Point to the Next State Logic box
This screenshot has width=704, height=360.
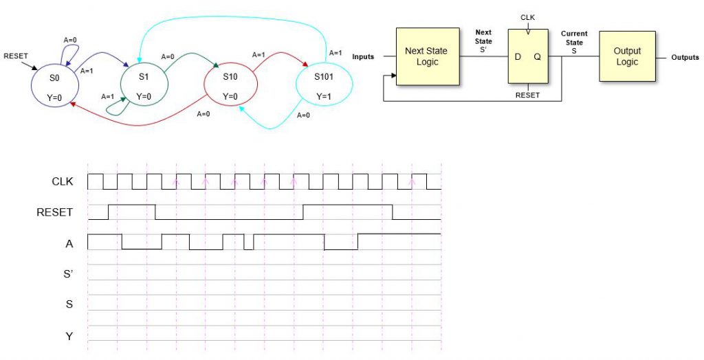(x=426, y=56)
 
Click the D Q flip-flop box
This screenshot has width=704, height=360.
(x=528, y=58)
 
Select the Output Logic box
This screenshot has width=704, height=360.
(x=627, y=56)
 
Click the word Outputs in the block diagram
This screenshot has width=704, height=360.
(x=685, y=57)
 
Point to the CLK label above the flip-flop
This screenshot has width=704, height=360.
(x=528, y=18)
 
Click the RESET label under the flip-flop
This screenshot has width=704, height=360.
(x=528, y=95)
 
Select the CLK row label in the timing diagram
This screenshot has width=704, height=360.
(x=63, y=182)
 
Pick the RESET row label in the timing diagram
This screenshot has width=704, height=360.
(x=54, y=212)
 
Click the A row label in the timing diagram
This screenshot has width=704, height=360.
(x=69, y=243)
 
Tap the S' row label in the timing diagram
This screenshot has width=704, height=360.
(x=69, y=273)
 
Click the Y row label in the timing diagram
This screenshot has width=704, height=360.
(x=69, y=335)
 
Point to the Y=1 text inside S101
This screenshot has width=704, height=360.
(x=323, y=95)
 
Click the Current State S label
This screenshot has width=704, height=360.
(x=574, y=43)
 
